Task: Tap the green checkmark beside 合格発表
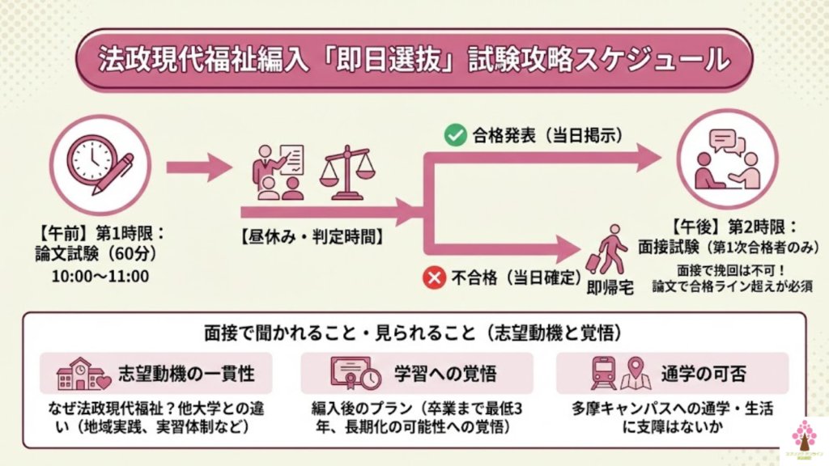point(454,135)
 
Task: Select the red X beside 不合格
point(435,279)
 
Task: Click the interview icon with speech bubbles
point(727,159)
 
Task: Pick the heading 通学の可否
point(703,374)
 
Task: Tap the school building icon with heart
point(84,374)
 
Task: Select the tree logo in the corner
point(804,437)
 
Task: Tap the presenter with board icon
point(278,172)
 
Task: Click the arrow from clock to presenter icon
point(199,167)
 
